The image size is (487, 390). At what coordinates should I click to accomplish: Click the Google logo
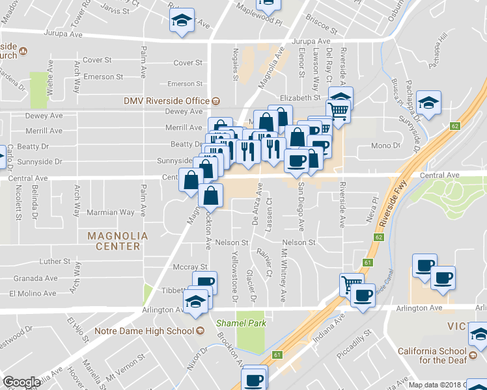pyautogui.click(x=21, y=383)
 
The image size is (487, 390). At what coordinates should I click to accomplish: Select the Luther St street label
pyautogui.click(x=55, y=261)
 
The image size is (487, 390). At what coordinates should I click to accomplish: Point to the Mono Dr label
pyautogui.click(x=385, y=146)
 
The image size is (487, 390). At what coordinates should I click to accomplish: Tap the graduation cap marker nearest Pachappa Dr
pyautogui.click(x=430, y=102)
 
